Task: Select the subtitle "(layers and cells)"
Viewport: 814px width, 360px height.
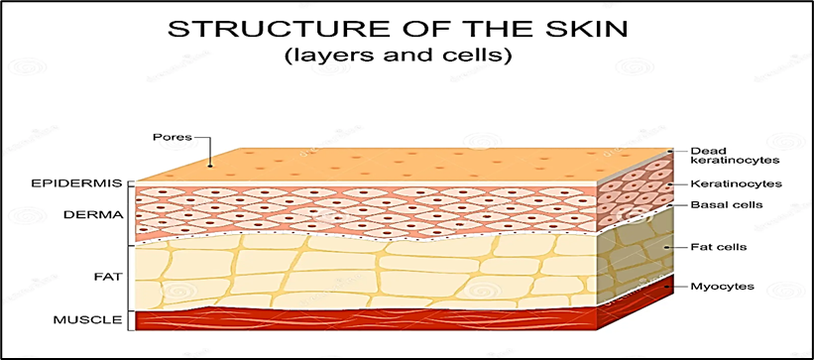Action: [x=398, y=57]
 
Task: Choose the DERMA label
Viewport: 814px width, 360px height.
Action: [x=93, y=214]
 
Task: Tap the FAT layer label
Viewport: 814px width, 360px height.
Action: [x=108, y=277]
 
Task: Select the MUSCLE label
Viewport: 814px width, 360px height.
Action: [x=88, y=319]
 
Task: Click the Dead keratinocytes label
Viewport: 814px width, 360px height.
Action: [x=736, y=156]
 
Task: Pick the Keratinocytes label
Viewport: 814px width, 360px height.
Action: [x=737, y=183]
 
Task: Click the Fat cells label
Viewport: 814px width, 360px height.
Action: [x=719, y=247]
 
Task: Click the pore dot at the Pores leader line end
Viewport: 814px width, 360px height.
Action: [x=210, y=166]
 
